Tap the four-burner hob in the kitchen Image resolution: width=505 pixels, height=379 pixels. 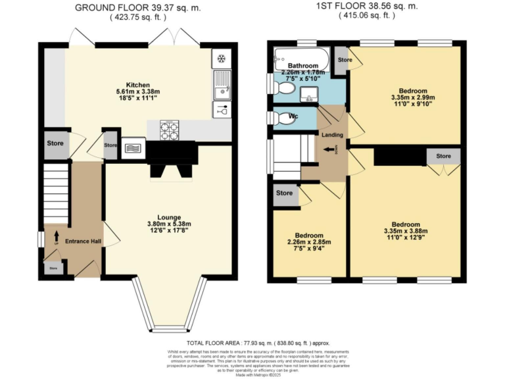click(x=170, y=130)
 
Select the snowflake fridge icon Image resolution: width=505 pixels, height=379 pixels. click(x=221, y=59)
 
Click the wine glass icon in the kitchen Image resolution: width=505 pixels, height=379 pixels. click(x=221, y=110)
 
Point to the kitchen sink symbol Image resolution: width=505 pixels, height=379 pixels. click(x=221, y=84)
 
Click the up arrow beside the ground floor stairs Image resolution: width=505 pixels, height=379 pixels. click(x=57, y=235)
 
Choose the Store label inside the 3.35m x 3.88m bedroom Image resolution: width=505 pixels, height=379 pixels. click(x=443, y=157)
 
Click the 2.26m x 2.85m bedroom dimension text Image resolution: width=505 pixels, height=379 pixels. click(x=308, y=242)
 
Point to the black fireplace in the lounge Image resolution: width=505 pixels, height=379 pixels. click(x=172, y=158)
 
